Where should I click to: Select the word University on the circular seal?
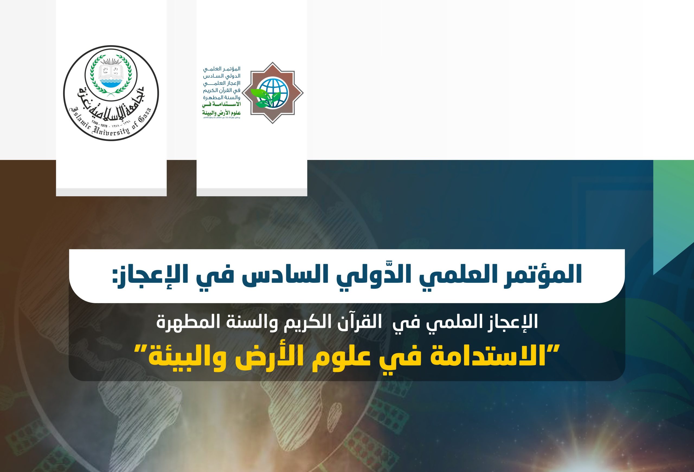pyautogui.click(x=111, y=132)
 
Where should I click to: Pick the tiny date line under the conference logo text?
pyautogui.click(x=221, y=118)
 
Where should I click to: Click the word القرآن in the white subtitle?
pyautogui.click(x=361, y=322)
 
